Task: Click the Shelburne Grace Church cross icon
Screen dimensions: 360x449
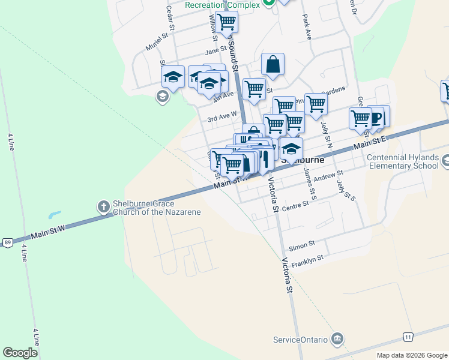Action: (x=103, y=207)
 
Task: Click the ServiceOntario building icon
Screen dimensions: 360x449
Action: (x=338, y=339)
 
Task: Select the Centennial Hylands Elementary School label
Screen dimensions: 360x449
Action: (x=402, y=161)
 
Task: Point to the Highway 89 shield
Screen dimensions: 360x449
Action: (x=7, y=242)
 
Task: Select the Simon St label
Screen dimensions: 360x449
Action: (x=301, y=245)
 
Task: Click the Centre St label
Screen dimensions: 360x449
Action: (x=295, y=205)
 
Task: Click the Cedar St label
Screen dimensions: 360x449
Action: (x=170, y=18)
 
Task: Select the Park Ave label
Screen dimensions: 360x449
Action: (x=307, y=27)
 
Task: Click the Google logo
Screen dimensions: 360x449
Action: (x=20, y=353)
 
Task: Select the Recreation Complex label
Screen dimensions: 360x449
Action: (x=222, y=5)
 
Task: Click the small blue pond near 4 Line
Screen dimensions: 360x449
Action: (x=54, y=214)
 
